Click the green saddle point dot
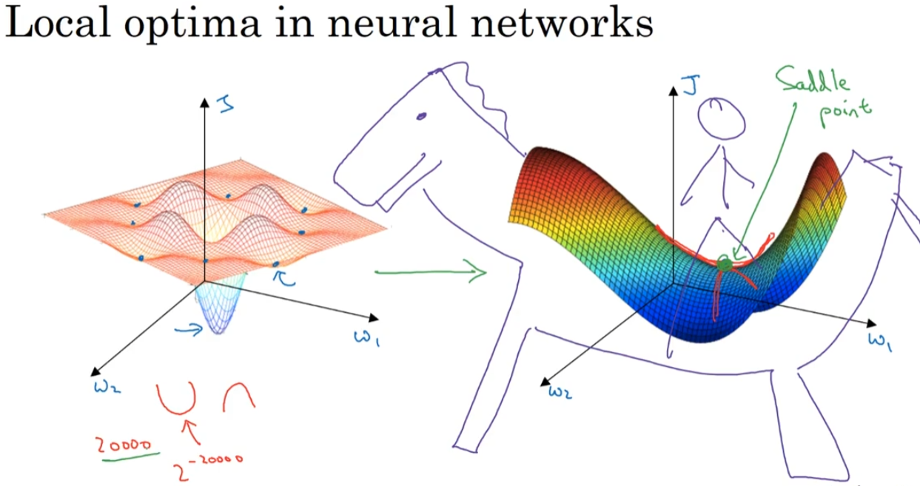pyautogui.click(x=725, y=263)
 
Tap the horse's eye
pyautogui.click(x=422, y=116)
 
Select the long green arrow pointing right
pyautogui.click(x=429, y=273)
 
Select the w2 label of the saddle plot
pyautogui.click(x=560, y=391)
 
